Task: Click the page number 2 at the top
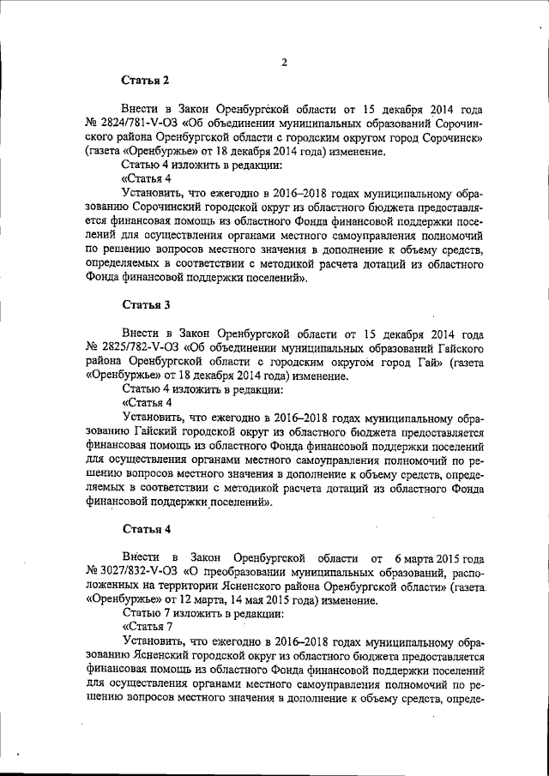click(283, 62)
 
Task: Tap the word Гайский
click(168, 435)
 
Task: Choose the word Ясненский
click(175, 656)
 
